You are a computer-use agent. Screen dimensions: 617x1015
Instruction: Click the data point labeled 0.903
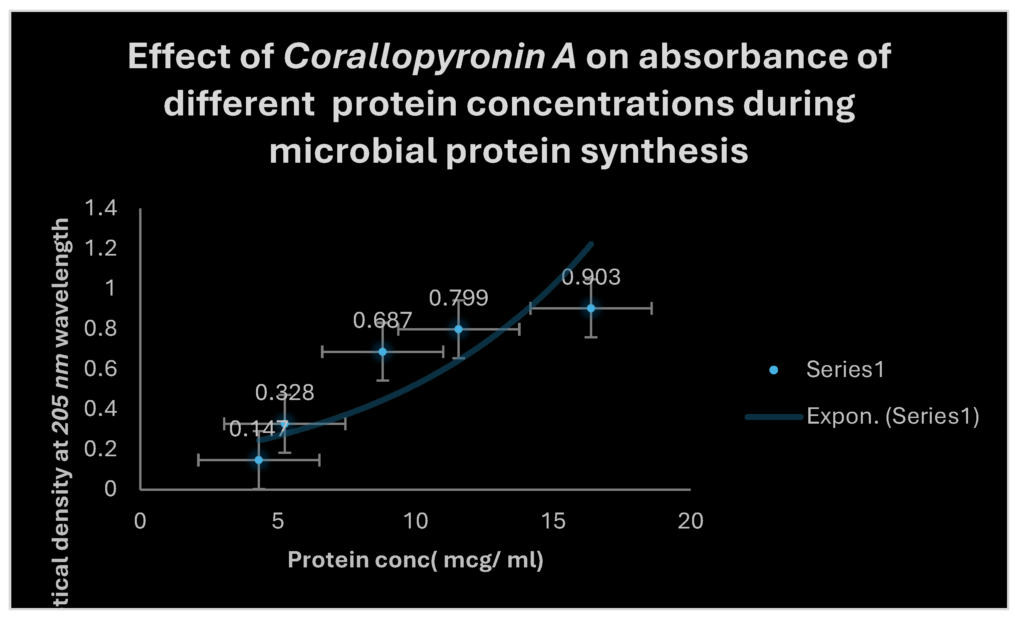click(591, 308)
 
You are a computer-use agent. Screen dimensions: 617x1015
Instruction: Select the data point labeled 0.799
click(458, 329)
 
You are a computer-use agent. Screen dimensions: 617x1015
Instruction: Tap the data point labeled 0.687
click(382, 352)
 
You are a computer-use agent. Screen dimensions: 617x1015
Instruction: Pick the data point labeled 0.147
click(259, 460)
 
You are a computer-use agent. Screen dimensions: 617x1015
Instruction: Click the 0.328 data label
click(284, 392)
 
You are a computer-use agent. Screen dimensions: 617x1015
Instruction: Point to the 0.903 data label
click(591, 277)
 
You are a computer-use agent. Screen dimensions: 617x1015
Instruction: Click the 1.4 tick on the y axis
click(101, 208)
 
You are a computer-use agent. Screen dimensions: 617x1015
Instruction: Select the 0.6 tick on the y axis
click(101, 369)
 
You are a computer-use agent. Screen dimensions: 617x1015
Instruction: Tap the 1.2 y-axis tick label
click(101, 248)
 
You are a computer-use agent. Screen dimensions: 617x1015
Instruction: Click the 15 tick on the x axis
click(553, 521)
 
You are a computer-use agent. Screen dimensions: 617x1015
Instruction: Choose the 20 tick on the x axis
click(690, 521)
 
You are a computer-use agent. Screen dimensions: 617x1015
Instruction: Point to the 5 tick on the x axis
click(278, 521)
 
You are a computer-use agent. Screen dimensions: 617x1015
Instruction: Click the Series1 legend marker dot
click(774, 370)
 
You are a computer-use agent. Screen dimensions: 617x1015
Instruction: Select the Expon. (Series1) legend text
click(892, 416)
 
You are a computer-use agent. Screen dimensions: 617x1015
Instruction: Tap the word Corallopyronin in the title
click(414, 57)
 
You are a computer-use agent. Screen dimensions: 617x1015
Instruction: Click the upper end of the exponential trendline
click(592, 244)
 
